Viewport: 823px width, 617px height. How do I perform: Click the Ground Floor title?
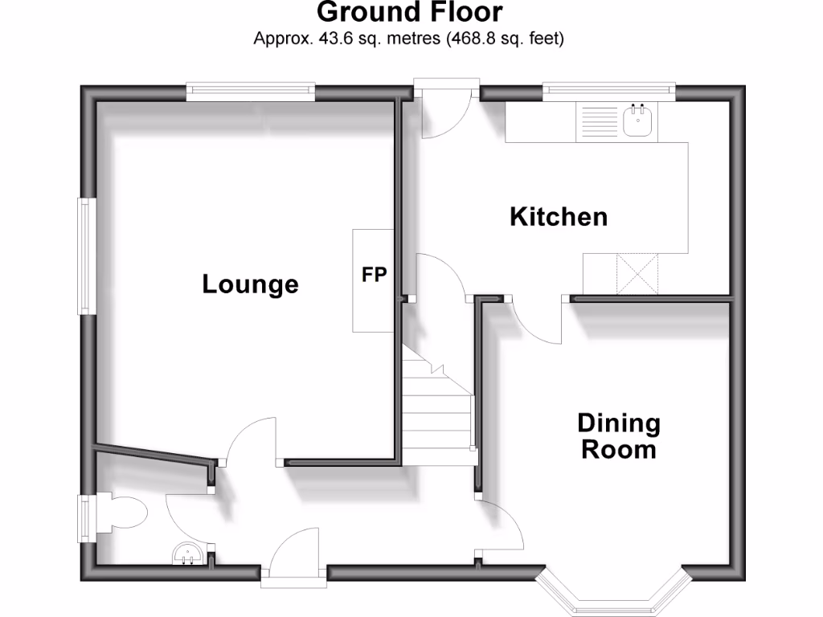[410, 13]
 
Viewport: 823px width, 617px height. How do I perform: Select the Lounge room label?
[250, 284]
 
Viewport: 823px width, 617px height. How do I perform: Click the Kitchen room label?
[559, 217]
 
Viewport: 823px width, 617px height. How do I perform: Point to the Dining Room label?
[619, 435]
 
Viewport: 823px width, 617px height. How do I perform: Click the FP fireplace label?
[374, 276]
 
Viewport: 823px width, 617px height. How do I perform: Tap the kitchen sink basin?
[640, 121]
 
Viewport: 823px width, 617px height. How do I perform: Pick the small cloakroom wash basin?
[188, 554]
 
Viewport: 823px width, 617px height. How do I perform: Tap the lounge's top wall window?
[250, 92]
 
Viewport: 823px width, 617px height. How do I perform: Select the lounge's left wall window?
[86, 257]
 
